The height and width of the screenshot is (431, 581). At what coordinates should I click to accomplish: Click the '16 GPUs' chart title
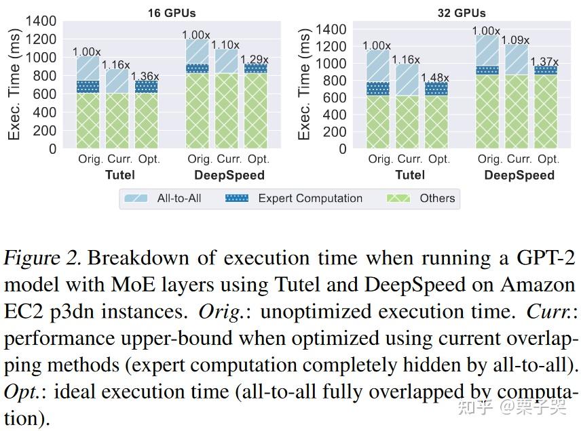click(x=172, y=12)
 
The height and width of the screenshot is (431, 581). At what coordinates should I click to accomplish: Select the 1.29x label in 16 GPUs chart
click(x=255, y=59)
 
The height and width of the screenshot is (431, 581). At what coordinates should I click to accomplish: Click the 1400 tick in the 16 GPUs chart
click(x=41, y=20)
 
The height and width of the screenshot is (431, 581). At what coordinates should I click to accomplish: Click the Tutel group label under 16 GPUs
click(x=117, y=175)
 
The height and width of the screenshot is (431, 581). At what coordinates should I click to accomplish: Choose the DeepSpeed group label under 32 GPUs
click(x=519, y=175)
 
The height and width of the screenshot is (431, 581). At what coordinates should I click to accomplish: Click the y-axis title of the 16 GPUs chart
click(x=14, y=85)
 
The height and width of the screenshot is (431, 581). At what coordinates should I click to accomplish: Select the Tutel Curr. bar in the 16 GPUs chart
click(x=117, y=108)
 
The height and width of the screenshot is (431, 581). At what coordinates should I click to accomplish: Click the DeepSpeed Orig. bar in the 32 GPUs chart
click(x=487, y=91)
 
